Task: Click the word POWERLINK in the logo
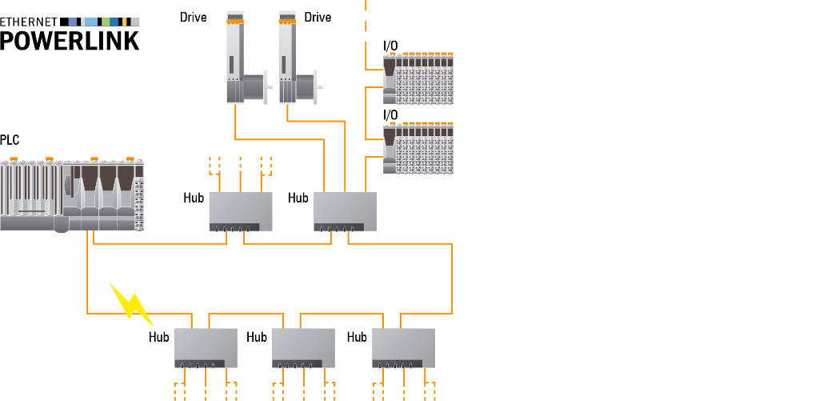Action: (70, 39)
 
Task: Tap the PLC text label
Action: (10, 140)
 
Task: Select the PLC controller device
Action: (72, 195)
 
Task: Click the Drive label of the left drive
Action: (193, 18)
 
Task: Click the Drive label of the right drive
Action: (318, 18)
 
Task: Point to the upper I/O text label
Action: (390, 46)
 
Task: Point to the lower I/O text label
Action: (390, 115)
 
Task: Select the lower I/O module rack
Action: (418, 147)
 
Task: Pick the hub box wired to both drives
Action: (345, 211)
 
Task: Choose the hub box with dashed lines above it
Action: (241, 211)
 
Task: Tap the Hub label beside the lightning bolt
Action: (159, 337)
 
